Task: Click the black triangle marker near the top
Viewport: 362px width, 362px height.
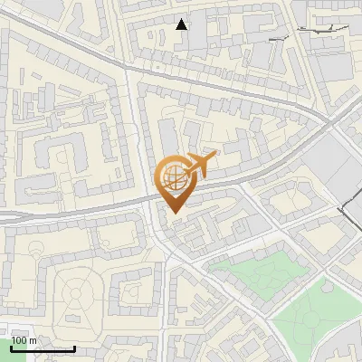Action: click(182, 24)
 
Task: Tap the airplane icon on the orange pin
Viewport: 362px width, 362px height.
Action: click(198, 165)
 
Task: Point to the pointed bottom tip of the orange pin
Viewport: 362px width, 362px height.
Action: click(173, 213)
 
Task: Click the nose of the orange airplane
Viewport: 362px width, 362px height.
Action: click(214, 157)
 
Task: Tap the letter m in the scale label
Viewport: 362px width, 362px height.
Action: click(33, 340)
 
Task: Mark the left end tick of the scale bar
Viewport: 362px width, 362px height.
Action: click(10, 348)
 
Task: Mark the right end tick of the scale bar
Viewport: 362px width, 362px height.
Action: click(74, 348)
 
